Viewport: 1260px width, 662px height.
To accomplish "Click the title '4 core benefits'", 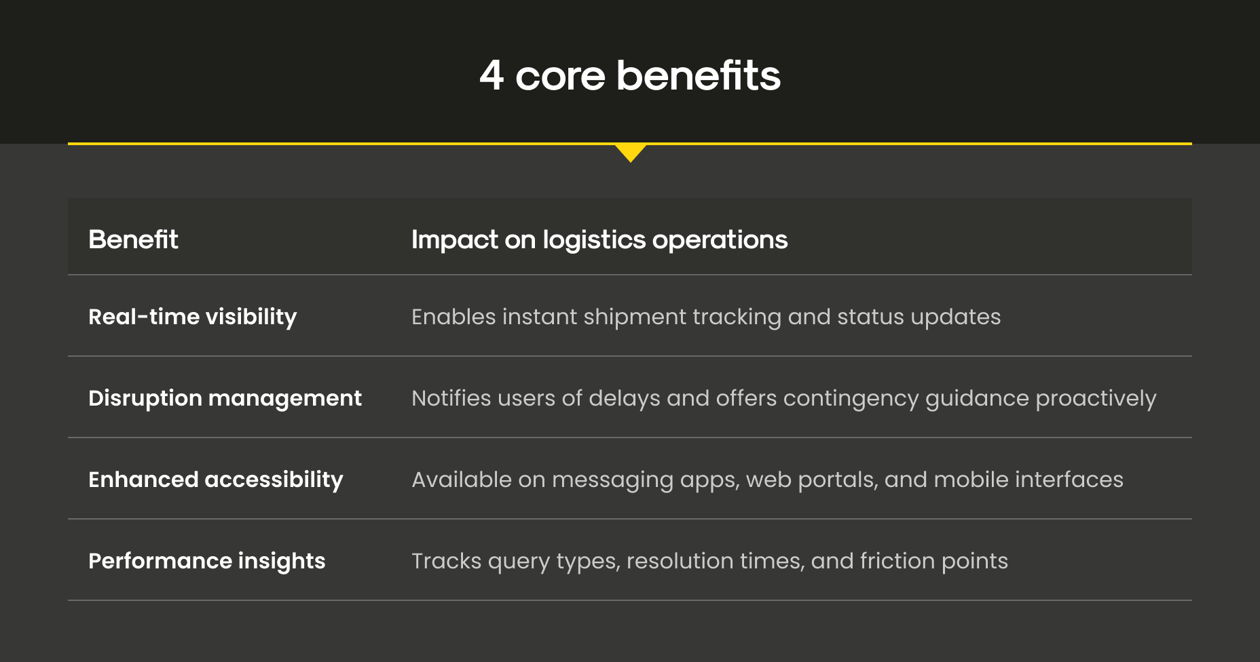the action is click(x=630, y=75).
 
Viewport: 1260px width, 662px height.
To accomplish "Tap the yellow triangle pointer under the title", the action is click(x=631, y=153).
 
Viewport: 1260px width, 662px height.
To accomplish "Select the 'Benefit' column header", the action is click(x=133, y=239).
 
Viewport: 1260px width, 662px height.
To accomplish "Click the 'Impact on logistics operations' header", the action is click(x=599, y=240).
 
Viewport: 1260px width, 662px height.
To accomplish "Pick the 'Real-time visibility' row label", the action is click(x=193, y=317).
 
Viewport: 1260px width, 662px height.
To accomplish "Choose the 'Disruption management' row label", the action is click(x=225, y=399).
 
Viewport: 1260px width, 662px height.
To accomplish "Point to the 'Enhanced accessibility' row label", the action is click(x=216, y=480).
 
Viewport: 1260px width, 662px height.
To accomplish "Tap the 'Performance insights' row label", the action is click(x=207, y=562).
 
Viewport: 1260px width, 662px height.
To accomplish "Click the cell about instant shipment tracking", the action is click(x=706, y=317).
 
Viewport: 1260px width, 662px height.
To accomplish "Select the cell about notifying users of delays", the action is click(x=784, y=399).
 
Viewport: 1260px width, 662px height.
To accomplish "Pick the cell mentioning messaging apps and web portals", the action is click(x=767, y=480).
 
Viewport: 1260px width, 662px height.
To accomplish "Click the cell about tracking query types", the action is click(x=709, y=562).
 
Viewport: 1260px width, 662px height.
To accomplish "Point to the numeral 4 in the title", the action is click(x=492, y=75).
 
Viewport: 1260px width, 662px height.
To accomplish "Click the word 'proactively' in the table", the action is click(x=1096, y=399).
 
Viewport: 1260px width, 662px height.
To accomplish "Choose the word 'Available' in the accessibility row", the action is click(x=462, y=480).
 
